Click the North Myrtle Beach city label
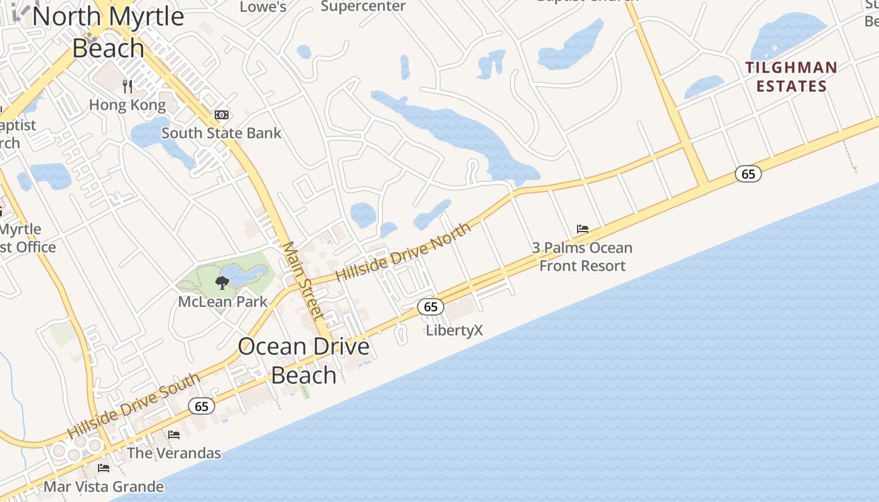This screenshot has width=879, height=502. [x=108, y=31]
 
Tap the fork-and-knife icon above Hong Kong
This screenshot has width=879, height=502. [x=127, y=86]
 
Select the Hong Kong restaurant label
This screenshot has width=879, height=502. [x=127, y=105]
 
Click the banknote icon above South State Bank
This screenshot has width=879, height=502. [x=222, y=115]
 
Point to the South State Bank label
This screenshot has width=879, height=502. [x=222, y=133]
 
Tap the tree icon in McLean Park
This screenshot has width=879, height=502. [x=222, y=283]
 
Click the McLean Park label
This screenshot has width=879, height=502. [x=223, y=302]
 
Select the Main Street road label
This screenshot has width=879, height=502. [x=302, y=280]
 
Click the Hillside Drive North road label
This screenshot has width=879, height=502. [x=403, y=252]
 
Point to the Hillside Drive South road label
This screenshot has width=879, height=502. [x=134, y=406]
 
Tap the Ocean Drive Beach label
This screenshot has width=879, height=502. [x=304, y=360]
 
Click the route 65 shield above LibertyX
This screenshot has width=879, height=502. [x=431, y=307]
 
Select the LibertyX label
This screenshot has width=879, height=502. [x=455, y=330]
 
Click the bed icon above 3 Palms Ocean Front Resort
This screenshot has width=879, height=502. [x=583, y=229]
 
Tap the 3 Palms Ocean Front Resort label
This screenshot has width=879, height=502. [x=583, y=257]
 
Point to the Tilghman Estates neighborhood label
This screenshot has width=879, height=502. [x=791, y=77]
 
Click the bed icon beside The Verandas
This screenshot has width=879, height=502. [x=174, y=434]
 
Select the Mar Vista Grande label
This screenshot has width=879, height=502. [x=104, y=486]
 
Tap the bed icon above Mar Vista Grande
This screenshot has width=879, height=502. [x=104, y=468]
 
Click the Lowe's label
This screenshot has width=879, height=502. [x=264, y=7]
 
